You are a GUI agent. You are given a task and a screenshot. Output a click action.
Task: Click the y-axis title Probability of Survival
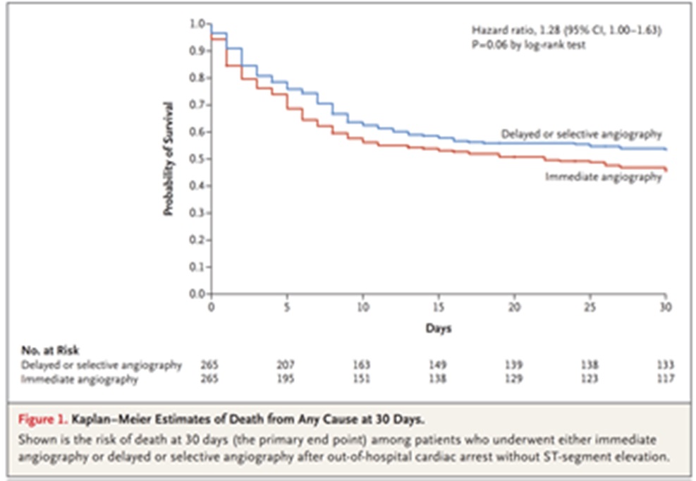click(x=169, y=159)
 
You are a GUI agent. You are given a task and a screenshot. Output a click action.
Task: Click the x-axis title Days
click(x=438, y=328)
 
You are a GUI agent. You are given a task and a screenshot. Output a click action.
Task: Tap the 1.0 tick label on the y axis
click(x=198, y=24)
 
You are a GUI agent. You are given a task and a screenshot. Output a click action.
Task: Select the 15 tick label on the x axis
click(x=438, y=308)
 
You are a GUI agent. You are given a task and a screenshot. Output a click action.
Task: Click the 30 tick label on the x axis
click(x=665, y=308)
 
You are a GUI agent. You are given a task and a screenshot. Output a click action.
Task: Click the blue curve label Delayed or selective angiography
click(x=581, y=133)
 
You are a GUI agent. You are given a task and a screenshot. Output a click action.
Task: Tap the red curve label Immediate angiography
click(x=603, y=178)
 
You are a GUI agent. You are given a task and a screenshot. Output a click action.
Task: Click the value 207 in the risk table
click(x=286, y=365)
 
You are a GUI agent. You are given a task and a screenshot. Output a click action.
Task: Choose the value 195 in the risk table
click(x=286, y=378)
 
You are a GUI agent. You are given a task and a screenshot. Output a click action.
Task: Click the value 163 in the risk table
click(x=362, y=365)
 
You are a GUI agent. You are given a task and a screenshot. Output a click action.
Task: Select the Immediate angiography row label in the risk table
click(x=73, y=378)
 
